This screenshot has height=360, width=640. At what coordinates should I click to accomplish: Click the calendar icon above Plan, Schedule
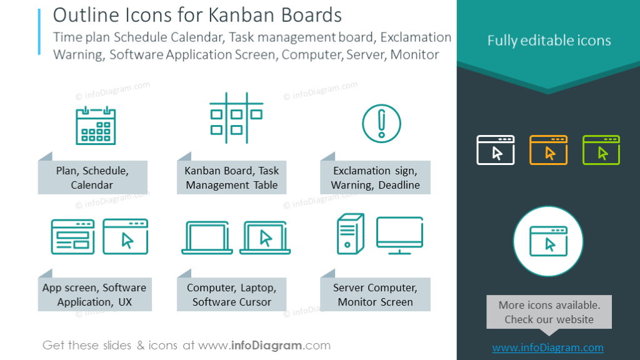pyautogui.click(x=96, y=125)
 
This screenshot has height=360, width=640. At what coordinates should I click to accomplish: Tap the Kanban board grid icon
pyautogui.click(x=236, y=118)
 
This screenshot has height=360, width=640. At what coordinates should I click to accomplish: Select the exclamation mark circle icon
pyautogui.click(x=381, y=122)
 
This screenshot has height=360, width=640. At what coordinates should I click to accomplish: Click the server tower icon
pyautogui.click(x=351, y=234)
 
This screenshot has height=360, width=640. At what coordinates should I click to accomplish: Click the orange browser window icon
pyautogui.click(x=548, y=150)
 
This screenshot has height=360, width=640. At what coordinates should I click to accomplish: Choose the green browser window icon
pyautogui.click(x=601, y=150)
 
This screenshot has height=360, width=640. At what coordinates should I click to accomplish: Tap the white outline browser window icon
pyautogui.click(x=496, y=150)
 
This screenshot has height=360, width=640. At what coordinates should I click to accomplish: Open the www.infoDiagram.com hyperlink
pyautogui.click(x=548, y=348)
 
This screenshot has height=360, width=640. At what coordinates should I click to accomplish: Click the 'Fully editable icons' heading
pyautogui.click(x=549, y=41)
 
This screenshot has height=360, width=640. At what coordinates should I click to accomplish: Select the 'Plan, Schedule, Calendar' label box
pyautogui.click(x=92, y=177)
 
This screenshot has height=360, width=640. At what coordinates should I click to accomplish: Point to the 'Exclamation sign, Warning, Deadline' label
pyautogui.click(x=376, y=177)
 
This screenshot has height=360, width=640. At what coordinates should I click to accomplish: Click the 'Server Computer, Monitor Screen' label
pyautogui.click(x=376, y=294)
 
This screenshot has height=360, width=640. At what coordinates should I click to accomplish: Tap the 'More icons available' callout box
pyautogui.click(x=549, y=312)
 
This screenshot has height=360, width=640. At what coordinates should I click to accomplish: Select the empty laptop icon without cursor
pyautogui.click(x=207, y=238)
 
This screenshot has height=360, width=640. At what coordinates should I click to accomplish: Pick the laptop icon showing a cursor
pyautogui.click(x=264, y=238)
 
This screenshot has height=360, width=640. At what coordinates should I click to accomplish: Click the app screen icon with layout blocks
pyautogui.click(x=72, y=236)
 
